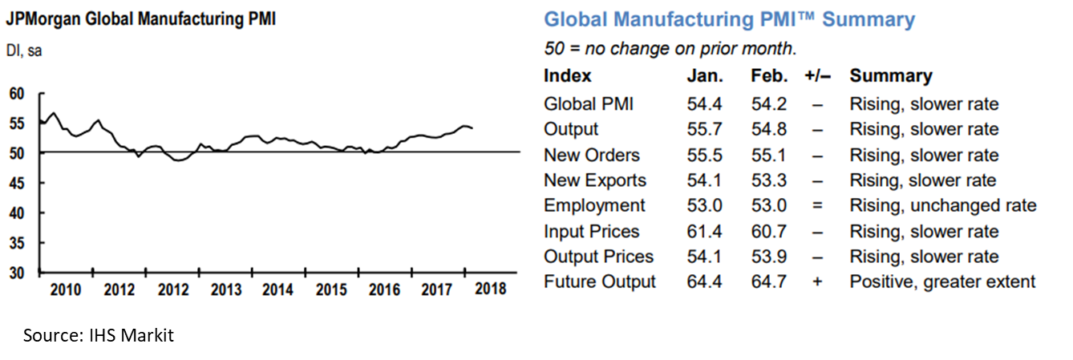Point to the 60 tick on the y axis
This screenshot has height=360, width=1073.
pyautogui.click(x=16, y=94)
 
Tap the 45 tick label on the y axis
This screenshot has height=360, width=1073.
pyautogui.click(x=16, y=183)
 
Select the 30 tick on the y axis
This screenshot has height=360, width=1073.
pyautogui.click(x=16, y=273)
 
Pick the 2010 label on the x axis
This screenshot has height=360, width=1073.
pyautogui.click(x=66, y=289)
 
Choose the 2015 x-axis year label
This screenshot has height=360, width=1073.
pyautogui.click(x=332, y=289)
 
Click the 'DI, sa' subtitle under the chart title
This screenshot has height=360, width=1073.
pyautogui.click(x=25, y=52)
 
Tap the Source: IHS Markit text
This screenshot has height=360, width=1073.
pyautogui.click(x=98, y=335)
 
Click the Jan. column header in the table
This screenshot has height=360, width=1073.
pyautogui.click(x=705, y=76)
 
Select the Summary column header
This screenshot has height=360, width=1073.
pyautogui.click(x=891, y=76)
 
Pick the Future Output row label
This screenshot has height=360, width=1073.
pyautogui.click(x=599, y=281)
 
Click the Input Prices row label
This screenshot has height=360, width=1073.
pyautogui.click(x=591, y=231)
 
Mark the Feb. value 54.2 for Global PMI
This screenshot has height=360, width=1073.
pyautogui.click(x=769, y=104)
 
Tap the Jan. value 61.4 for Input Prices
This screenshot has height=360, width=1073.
pyautogui.click(x=703, y=231)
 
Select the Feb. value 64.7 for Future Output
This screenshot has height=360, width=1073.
pyautogui.click(x=769, y=281)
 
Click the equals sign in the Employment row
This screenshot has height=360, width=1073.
pyautogui.click(x=817, y=205)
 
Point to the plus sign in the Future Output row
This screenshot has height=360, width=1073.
pyautogui.click(x=817, y=281)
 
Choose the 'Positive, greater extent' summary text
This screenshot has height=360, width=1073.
pyautogui.click(x=942, y=281)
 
